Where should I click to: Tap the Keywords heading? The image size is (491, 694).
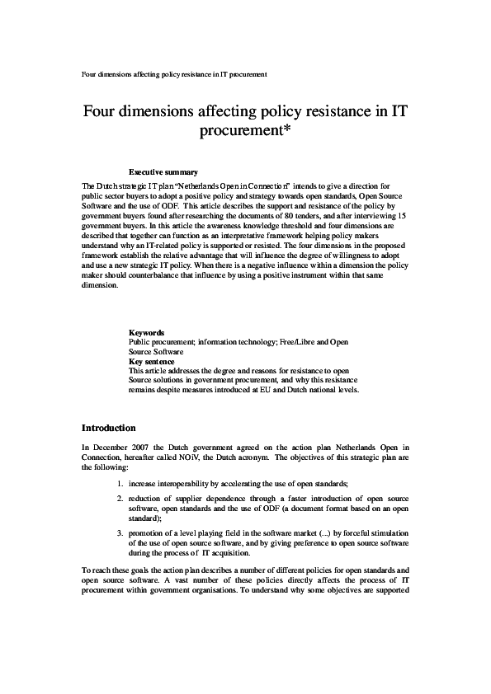pyautogui.click(x=146, y=332)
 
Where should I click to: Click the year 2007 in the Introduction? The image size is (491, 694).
pyautogui.click(x=142, y=446)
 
